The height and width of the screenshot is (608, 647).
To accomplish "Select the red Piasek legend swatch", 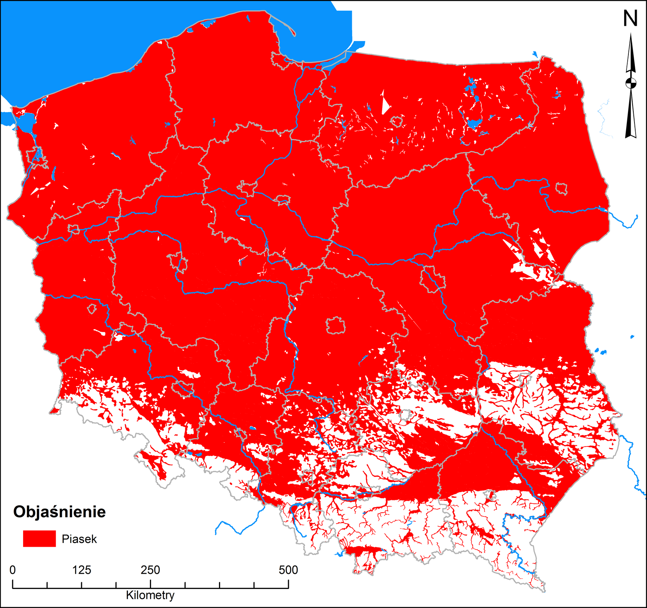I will (39, 539).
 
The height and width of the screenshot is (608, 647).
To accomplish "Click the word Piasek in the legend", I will (79, 539).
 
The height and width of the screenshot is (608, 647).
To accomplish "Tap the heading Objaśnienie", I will (59, 512).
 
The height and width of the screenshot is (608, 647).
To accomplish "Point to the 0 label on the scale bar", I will (13, 570).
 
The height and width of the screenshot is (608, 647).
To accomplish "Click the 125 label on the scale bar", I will (82, 570).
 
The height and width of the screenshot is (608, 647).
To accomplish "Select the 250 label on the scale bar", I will (150, 570).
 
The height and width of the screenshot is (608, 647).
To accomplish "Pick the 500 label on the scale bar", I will (288, 570).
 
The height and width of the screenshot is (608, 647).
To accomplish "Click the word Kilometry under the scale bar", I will (150, 595).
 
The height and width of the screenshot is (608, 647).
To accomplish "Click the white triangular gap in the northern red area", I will (385, 103).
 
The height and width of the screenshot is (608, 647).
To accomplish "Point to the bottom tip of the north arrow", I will (631, 137).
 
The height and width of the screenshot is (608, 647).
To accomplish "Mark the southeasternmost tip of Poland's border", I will (544, 591).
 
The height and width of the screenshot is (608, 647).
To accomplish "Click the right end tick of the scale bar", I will (288, 584).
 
